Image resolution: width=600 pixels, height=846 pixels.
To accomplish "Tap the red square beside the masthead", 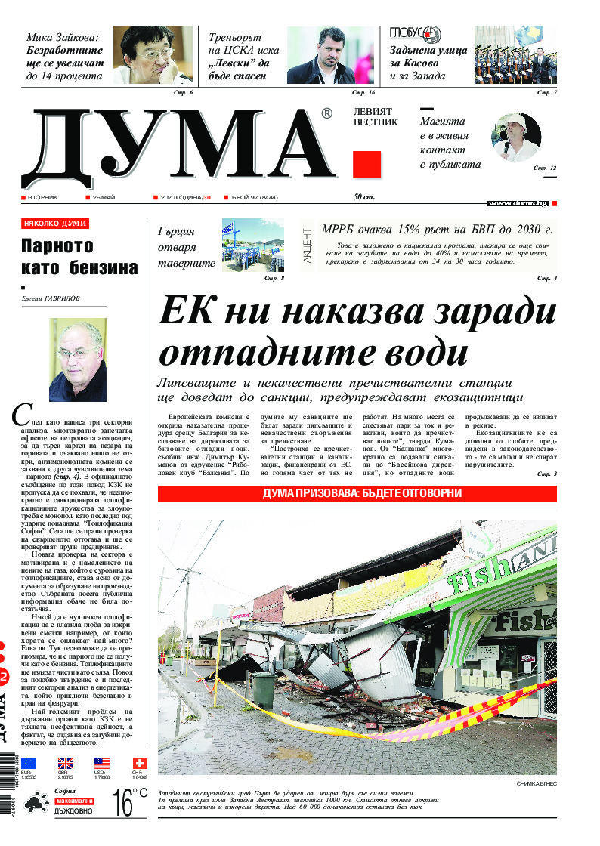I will pyautogui.click(x=366, y=165).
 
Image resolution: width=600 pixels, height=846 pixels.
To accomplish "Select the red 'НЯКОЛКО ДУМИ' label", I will pyautogui.click(x=55, y=224).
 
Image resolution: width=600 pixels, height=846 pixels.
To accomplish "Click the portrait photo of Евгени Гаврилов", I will pyautogui.click(x=77, y=360).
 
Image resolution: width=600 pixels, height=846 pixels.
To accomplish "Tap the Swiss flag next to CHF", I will pyautogui.click(x=140, y=763).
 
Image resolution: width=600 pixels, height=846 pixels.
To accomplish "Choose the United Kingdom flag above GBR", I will pyautogui.click(x=66, y=763).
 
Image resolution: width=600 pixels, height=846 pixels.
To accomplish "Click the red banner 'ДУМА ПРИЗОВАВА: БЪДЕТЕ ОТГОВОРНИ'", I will pyautogui.click(x=357, y=494).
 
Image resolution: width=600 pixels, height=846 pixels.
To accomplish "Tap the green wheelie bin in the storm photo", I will pyautogui.click(x=264, y=690).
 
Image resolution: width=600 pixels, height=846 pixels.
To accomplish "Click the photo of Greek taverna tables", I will pyautogui.click(x=252, y=245).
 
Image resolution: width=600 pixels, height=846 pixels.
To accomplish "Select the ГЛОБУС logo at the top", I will pyautogui.click(x=416, y=35).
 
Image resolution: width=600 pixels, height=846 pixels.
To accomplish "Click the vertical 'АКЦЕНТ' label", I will pyautogui.click(x=307, y=245).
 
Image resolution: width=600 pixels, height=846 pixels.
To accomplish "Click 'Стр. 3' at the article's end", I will pyautogui.click(x=546, y=474).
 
